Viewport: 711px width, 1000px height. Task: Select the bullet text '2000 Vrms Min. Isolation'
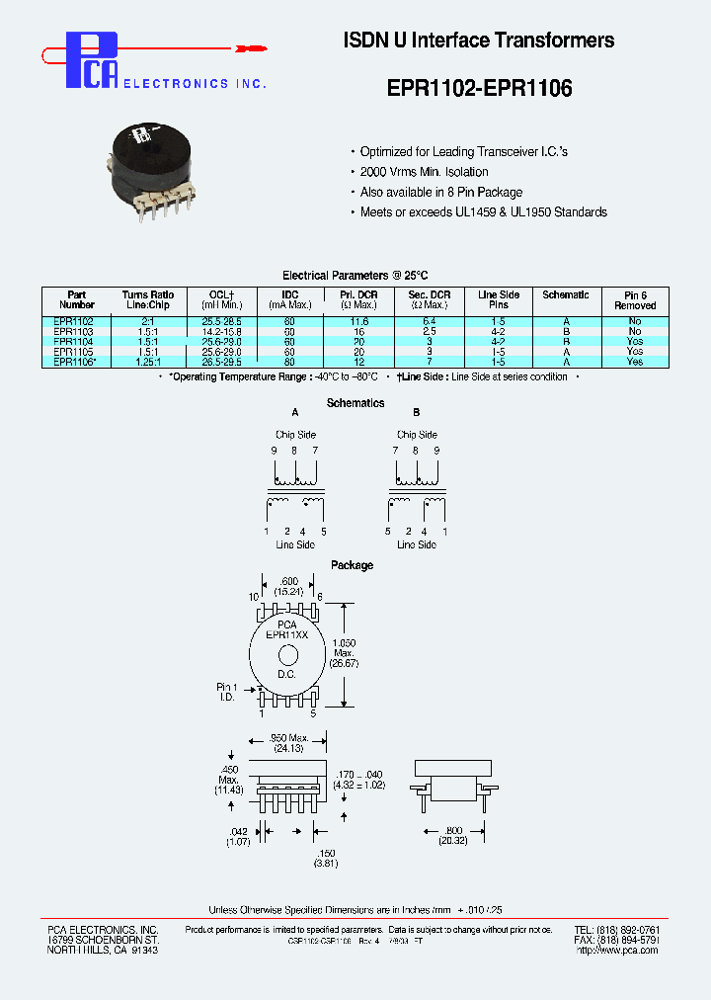pyautogui.click(x=424, y=172)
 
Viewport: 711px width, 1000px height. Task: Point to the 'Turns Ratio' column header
pyautogui.click(x=148, y=300)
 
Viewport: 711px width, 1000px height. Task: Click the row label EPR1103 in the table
pyautogui.click(x=74, y=332)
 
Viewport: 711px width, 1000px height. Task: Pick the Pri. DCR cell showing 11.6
pyautogui.click(x=358, y=322)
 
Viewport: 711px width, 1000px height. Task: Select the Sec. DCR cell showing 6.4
pyautogui.click(x=429, y=322)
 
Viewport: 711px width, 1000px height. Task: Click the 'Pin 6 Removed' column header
pyautogui.click(x=635, y=300)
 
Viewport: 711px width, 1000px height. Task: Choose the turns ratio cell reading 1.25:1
pyautogui.click(x=148, y=362)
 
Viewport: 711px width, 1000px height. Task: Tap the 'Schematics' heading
pyautogui.click(x=355, y=403)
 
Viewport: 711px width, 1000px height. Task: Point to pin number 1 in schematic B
pyautogui.click(x=445, y=532)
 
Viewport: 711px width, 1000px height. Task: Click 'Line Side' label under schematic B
pyautogui.click(x=417, y=545)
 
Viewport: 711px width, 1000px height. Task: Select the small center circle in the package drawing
pyautogui.click(x=288, y=655)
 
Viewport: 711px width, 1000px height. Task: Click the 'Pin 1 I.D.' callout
pyautogui.click(x=227, y=692)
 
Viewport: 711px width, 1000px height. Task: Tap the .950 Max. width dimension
pyautogui.click(x=288, y=743)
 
